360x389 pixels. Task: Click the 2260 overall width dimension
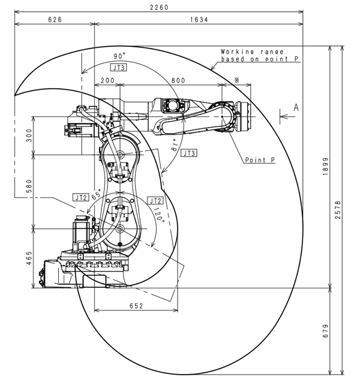[159, 7]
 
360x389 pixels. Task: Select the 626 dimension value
[55, 20]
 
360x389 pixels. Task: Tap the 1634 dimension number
[199, 20]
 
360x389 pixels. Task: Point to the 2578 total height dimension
[338, 210]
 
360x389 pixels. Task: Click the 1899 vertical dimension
[325, 167]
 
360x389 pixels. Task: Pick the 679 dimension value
[325, 331]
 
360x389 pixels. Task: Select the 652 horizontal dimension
[136, 306]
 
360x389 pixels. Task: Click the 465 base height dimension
[29, 258]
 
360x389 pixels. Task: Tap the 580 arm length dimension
[29, 186]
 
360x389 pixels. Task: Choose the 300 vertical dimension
[29, 135]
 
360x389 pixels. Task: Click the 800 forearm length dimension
[178, 81]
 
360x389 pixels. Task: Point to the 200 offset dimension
[107, 81]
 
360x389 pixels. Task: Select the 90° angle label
[119, 56]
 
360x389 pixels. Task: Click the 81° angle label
[175, 145]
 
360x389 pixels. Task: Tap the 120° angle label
[159, 215]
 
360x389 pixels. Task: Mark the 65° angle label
[97, 194]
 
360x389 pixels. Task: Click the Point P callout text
[260, 160]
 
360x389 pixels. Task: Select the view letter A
[296, 108]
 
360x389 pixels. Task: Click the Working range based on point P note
[259, 55]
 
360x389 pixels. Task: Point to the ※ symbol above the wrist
[236, 80]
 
